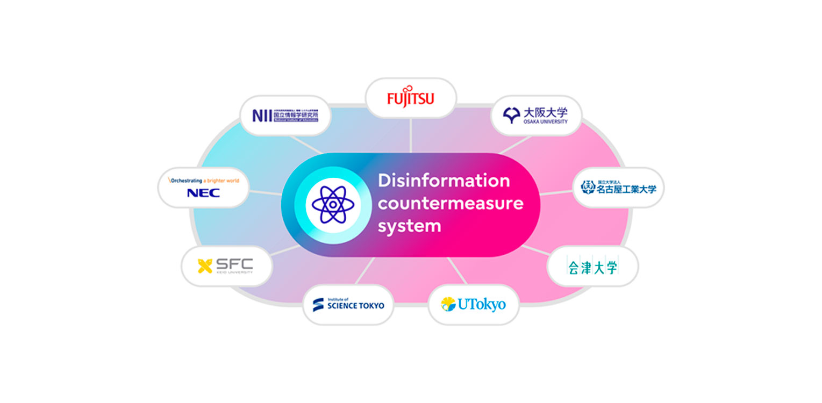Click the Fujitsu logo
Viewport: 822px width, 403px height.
[x=411, y=98]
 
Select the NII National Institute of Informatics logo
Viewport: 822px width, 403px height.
[x=285, y=115]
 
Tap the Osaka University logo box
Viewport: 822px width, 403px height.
[x=536, y=115]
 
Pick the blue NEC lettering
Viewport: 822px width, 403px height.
[x=203, y=193]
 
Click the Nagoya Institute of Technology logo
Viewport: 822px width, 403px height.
[x=618, y=187]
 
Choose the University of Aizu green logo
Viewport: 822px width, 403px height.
[x=592, y=267]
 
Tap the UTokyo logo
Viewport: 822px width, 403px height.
[x=474, y=305]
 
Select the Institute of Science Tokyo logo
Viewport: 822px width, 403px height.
[x=348, y=305]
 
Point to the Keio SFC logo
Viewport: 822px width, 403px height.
[x=226, y=266]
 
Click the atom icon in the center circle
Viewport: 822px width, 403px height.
[x=333, y=205]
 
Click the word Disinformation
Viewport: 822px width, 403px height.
[x=444, y=181]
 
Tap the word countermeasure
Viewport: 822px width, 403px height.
[x=450, y=204]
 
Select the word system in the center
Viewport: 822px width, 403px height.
[x=409, y=226]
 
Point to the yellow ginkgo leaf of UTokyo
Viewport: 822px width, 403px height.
[x=448, y=304]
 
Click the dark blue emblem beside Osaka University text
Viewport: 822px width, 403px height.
[x=511, y=114]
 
